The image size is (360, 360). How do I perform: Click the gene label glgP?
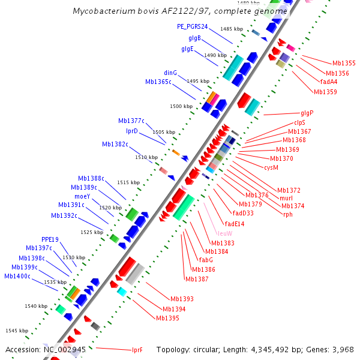[x=307, y=113]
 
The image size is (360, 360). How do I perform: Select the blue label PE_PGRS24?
[x=192, y=26]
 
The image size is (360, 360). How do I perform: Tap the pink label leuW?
[x=225, y=233]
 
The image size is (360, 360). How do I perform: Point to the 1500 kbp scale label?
[x=181, y=106]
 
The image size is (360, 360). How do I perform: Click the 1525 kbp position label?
[x=92, y=232]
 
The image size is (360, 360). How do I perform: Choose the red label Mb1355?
[x=344, y=63]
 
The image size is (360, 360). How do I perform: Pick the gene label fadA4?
[x=329, y=82]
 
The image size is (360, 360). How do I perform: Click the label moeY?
[x=82, y=196]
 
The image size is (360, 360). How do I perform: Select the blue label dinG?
[x=170, y=73]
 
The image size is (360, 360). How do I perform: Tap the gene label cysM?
[x=271, y=167]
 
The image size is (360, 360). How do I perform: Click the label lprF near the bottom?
[x=137, y=350]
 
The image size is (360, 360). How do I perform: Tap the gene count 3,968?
[x=344, y=349]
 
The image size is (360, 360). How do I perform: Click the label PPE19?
[x=50, y=239]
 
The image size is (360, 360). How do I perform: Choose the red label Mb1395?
[x=167, y=318]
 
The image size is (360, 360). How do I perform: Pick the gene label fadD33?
[x=243, y=213]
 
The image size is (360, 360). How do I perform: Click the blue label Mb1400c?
[x=17, y=276]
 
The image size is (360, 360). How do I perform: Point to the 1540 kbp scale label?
[x=35, y=306]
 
